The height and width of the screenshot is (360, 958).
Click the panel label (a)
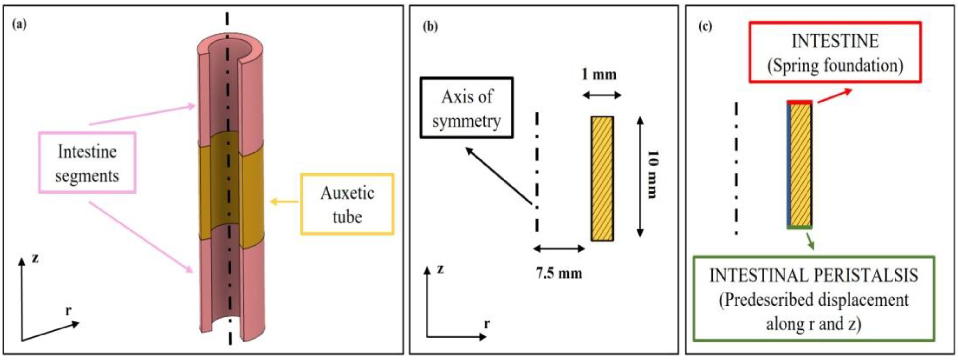pyautogui.click(x=19, y=25)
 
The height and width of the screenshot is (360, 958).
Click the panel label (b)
pyautogui.click(x=430, y=27)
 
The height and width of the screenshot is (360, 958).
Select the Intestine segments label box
pyautogui.click(x=87, y=163)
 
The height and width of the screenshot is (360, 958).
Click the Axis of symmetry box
pyautogui.click(x=466, y=108)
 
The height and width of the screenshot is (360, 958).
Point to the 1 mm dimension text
pyautogui.click(x=599, y=75)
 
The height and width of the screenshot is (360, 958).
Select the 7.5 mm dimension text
pyautogui.click(x=559, y=274)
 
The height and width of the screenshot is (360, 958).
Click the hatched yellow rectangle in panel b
pyautogui.click(x=602, y=179)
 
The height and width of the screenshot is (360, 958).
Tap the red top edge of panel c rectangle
pyautogui.click(x=799, y=102)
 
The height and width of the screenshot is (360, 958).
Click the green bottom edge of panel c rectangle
pyautogui.click(x=800, y=227)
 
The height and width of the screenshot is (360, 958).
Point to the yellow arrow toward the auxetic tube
pyautogui.click(x=284, y=202)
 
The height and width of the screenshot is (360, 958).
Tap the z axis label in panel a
pyautogui.click(x=35, y=258)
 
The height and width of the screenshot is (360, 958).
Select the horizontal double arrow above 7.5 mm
pyautogui.click(x=559, y=249)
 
